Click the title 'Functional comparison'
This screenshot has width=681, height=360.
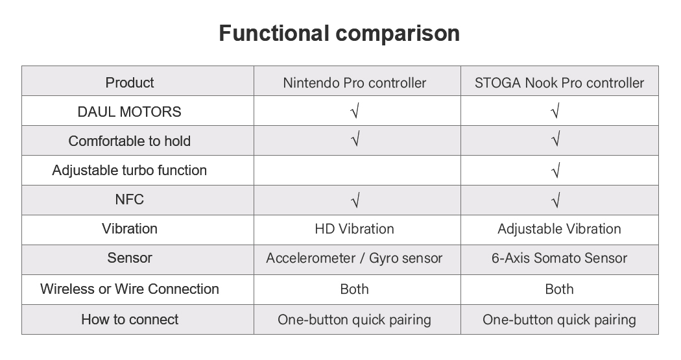(339, 34)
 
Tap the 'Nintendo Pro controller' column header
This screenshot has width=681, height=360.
(354, 83)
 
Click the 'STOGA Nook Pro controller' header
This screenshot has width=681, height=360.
(559, 83)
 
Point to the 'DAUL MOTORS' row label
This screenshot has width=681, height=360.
(130, 112)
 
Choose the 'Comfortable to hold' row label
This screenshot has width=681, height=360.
(130, 141)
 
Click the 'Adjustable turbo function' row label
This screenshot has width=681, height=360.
(130, 170)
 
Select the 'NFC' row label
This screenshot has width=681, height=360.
(130, 199)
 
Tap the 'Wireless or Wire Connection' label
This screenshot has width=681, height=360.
(130, 289)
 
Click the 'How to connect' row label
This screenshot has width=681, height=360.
(130, 319)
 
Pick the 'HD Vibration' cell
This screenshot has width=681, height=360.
(354, 229)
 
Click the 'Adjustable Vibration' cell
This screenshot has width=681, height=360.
(559, 229)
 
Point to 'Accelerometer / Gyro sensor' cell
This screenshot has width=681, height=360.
(354, 258)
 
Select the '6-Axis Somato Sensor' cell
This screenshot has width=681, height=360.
(559, 258)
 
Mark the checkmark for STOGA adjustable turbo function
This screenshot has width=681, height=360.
(555, 170)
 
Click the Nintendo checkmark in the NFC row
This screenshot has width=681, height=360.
(355, 200)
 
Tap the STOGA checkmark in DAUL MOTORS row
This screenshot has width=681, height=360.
(555, 111)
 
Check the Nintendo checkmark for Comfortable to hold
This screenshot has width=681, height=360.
(355, 139)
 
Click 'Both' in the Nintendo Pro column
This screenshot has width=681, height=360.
(354, 289)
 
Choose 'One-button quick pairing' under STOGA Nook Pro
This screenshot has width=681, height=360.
(559, 320)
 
